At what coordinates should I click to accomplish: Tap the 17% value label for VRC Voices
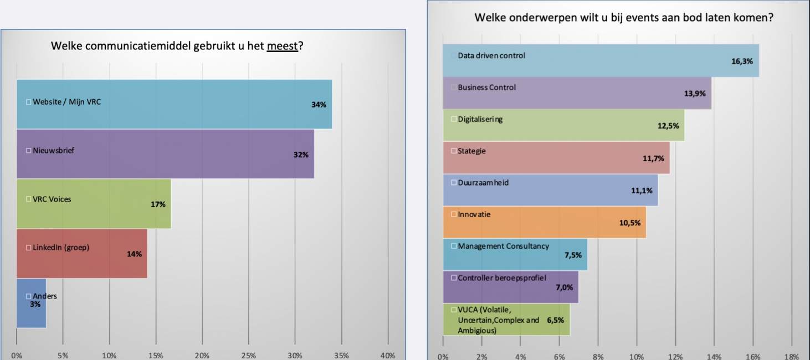158,204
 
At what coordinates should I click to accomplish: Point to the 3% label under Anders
35,304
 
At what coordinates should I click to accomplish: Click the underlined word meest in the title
282,45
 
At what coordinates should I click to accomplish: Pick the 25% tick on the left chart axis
248,356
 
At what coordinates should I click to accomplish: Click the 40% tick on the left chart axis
388,356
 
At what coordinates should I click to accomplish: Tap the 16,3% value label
742,61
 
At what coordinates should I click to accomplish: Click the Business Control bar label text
486,88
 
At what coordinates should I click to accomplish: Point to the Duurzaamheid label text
483,183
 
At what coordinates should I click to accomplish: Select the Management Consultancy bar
515,254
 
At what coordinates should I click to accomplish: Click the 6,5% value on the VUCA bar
556,320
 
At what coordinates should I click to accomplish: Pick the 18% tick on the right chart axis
791,356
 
